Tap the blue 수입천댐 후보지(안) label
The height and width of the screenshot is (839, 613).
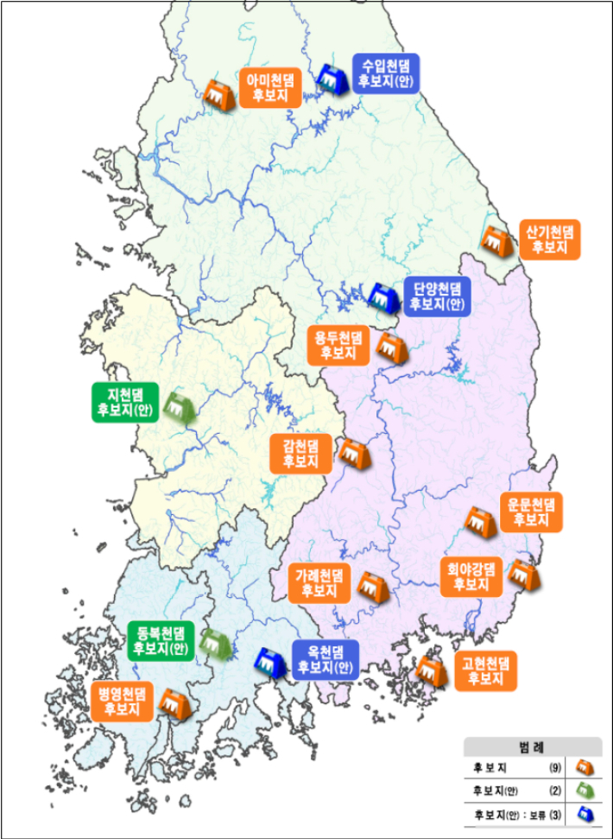[386, 73]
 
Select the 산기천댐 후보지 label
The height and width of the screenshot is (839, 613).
[549, 238]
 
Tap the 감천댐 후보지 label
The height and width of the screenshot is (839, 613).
[301, 454]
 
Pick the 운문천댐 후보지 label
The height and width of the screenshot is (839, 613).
[531, 511]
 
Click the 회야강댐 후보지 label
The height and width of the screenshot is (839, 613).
[471, 576]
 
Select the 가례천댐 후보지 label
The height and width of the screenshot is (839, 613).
[319, 583]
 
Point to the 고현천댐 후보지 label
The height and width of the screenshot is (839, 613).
[485, 671]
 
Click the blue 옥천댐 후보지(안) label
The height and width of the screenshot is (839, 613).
[323, 658]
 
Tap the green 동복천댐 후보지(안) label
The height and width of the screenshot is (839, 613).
[161, 639]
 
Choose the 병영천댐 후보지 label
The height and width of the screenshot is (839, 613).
[122, 700]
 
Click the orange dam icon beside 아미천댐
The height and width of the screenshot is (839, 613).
[218, 93]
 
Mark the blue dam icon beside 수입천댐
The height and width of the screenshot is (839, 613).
[331, 79]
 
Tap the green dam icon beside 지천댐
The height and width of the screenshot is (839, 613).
[178, 404]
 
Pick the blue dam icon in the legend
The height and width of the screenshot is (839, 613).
[585, 813]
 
